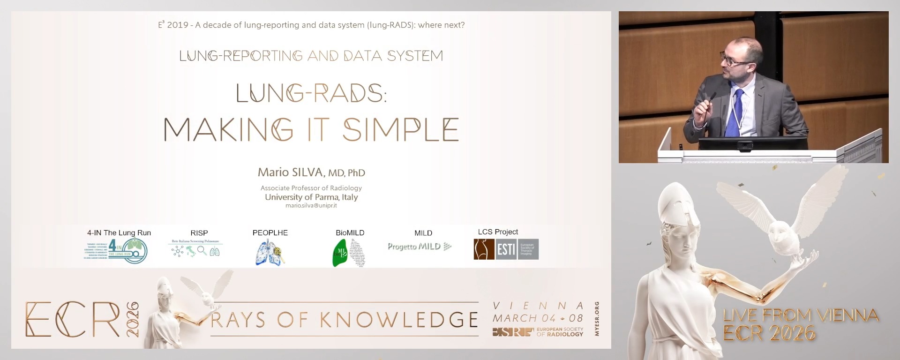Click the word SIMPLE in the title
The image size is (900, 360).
click(400, 130)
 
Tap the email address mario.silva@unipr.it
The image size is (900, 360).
click(311, 206)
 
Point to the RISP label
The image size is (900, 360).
click(199, 233)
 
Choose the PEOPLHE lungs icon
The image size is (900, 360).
click(270, 253)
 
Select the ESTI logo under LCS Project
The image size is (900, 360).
click(506, 249)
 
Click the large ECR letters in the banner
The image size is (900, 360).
click(73, 320)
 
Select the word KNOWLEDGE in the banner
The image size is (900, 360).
click(399, 320)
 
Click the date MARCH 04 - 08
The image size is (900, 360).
click(538, 318)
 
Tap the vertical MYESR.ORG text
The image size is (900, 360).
click(597, 319)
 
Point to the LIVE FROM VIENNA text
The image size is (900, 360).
click(801, 315)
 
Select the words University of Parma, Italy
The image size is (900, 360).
click(311, 197)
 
